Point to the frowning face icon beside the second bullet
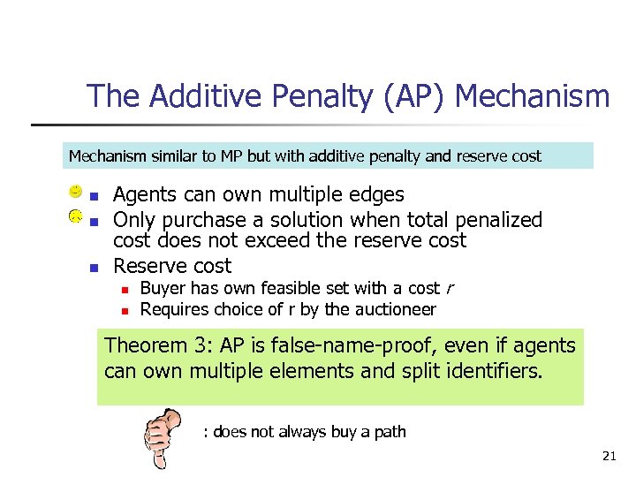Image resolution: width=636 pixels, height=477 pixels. pyautogui.click(x=77, y=216)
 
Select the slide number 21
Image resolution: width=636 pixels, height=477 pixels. pyautogui.click(x=609, y=456)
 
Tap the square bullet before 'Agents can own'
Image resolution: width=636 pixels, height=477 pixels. pyautogui.click(x=96, y=196)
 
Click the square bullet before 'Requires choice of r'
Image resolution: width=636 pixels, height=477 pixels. pyautogui.click(x=126, y=310)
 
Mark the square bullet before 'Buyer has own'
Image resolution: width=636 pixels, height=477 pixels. pyautogui.click(x=126, y=289)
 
